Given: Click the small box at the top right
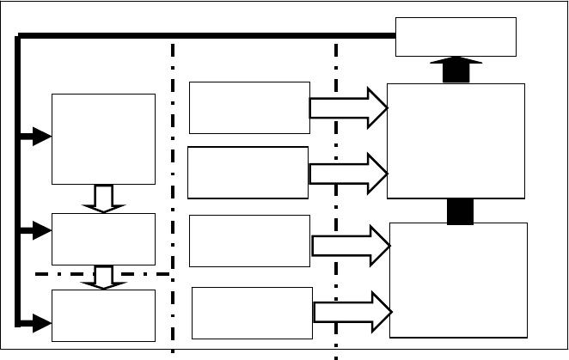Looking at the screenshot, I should [456, 37].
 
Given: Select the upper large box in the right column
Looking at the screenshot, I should [456, 141].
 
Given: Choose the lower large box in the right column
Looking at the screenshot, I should [458, 280].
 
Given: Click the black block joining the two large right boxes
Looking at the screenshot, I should [460, 211].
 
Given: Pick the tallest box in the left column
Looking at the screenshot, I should [103, 138].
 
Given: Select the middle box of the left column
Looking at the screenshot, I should [103, 239].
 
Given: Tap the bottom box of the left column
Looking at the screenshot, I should [103, 315].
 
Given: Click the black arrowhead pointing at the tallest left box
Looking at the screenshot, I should [40, 136].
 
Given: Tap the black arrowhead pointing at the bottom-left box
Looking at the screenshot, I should [40, 323].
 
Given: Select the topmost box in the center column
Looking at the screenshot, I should [249, 107].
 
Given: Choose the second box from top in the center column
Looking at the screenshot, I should [248, 173].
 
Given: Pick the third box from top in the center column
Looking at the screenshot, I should [249, 241].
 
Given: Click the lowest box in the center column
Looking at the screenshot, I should [252, 313].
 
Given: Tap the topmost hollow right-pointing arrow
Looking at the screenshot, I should [348, 107].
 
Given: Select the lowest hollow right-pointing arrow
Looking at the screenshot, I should [352, 312].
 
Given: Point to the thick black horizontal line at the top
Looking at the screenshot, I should [206, 35].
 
